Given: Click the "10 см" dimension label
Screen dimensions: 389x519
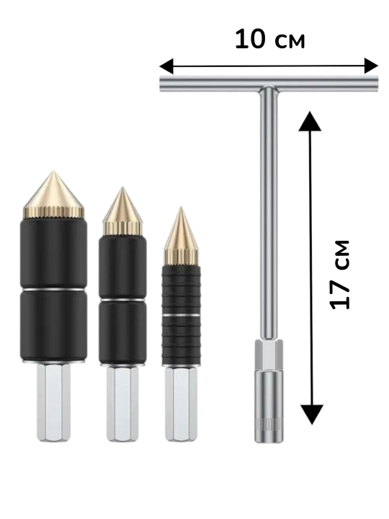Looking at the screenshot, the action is coord(269,40).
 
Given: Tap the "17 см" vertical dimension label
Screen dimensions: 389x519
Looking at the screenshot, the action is coord(340,275).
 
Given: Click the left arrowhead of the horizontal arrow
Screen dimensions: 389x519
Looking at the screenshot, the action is coord(166,66).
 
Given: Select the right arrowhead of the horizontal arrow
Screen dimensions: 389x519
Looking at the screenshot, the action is coord(371,66).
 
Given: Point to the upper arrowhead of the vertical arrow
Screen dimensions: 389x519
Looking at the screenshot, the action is coord(310,121).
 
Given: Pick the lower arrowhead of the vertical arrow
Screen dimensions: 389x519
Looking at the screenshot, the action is coord(311,414).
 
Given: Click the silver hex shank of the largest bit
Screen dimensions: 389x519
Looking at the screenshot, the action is coord(53,402).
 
